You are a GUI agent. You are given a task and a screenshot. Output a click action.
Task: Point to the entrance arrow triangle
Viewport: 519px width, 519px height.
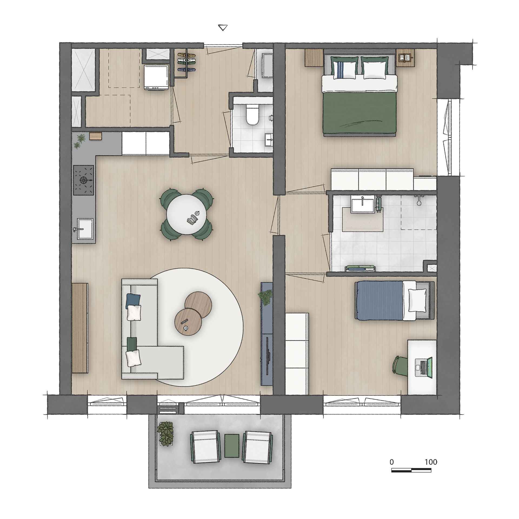point(222,28)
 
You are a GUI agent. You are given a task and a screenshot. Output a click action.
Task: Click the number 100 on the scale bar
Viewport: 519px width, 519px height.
point(431,462)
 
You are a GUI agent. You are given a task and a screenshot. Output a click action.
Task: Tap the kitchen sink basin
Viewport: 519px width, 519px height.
point(85,229)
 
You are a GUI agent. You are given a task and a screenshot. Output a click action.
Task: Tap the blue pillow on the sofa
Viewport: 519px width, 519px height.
point(133,301)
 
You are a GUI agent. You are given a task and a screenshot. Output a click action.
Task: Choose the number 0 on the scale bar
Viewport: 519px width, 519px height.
point(392,462)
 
